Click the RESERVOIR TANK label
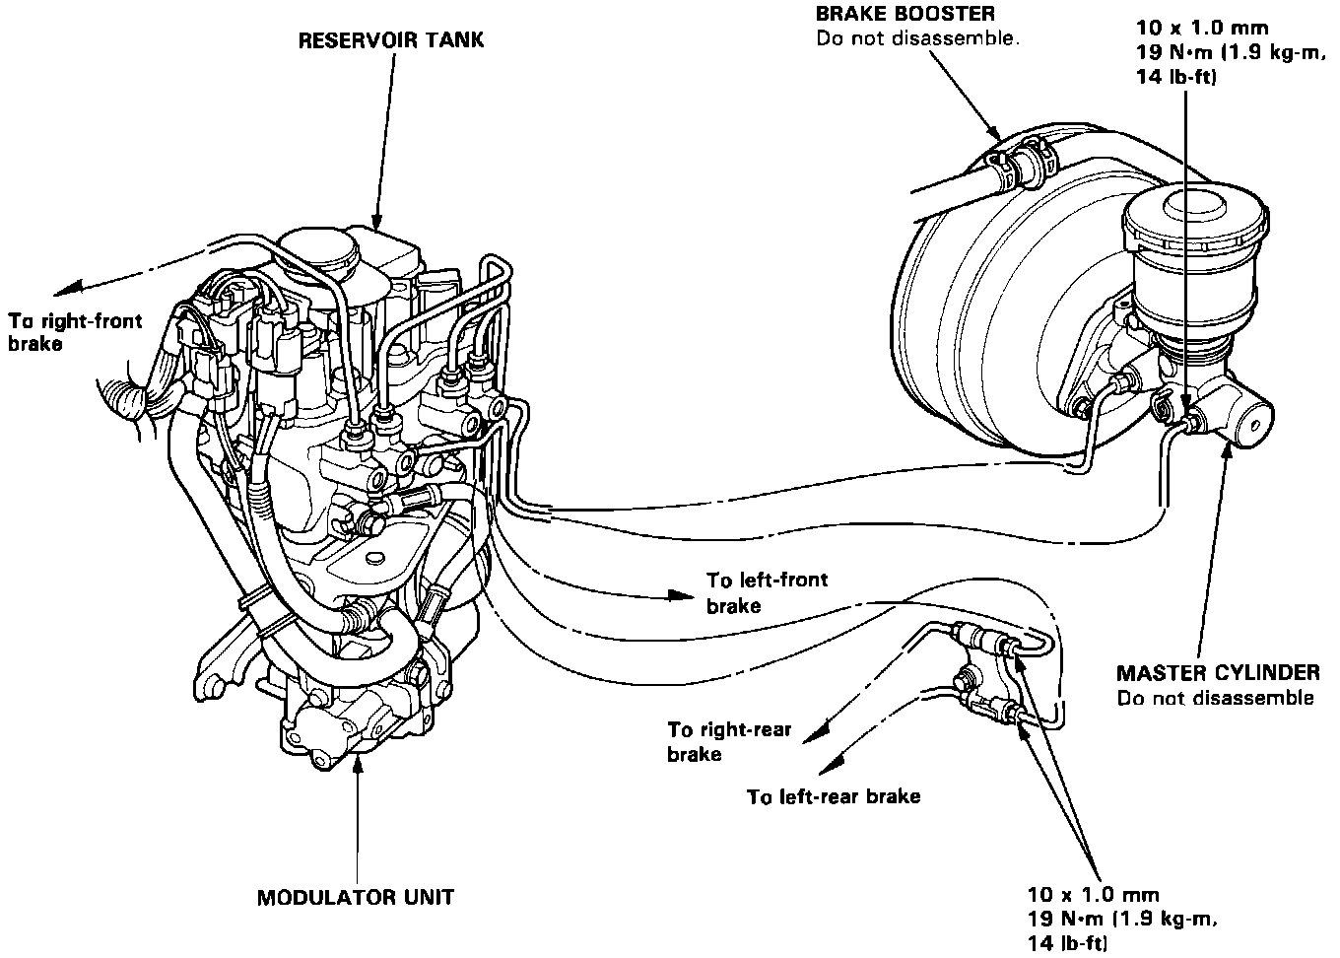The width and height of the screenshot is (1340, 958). [x=391, y=41]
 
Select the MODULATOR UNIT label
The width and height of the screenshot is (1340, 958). [x=355, y=898]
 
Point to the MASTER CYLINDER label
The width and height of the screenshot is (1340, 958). [x=1217, y=673]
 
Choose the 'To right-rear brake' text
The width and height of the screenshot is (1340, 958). [x=728, y=741]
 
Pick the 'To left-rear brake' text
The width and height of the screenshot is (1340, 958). [x=834, y=796]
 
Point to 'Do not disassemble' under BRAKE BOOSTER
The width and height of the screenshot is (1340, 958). [x=915, y=39]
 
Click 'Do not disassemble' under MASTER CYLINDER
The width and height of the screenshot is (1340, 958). [x=1215, y=698]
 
